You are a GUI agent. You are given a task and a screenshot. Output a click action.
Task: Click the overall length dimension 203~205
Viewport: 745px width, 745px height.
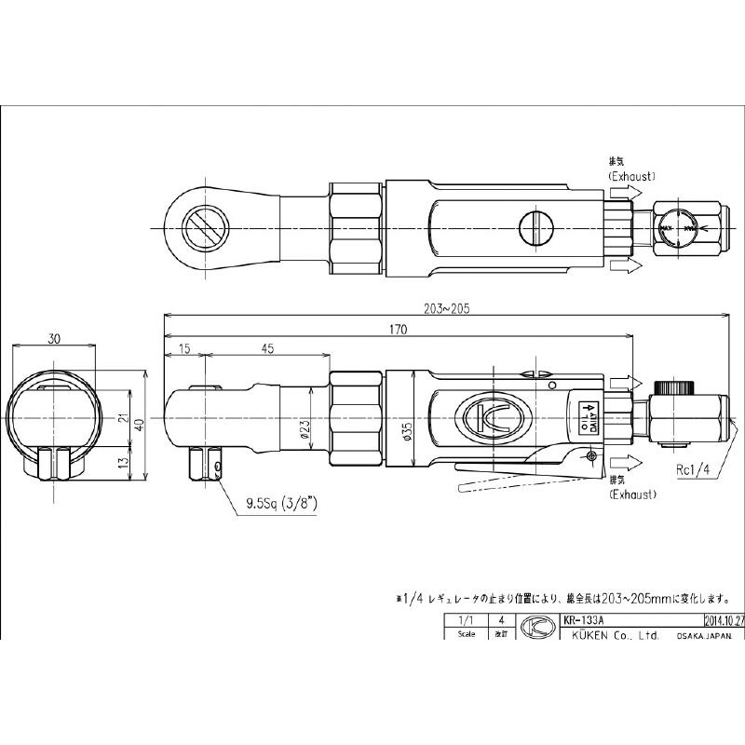pos(444,307)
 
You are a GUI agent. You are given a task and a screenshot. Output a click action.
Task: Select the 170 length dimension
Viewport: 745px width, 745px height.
pos(398,328)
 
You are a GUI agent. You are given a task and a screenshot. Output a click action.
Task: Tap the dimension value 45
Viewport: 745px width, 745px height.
pos(267,348)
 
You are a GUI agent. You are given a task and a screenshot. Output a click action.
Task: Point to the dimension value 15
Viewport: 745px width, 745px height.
pos(183,348)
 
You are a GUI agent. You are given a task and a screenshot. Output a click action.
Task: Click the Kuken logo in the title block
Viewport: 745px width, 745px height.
pos(535,627)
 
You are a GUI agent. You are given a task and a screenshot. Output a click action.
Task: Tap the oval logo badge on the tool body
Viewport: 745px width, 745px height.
pos(490,417)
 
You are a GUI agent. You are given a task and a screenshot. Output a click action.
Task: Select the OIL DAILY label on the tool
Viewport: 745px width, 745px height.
pos(588,415)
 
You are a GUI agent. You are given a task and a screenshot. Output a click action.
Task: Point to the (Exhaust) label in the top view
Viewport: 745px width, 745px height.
pos(631,175)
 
